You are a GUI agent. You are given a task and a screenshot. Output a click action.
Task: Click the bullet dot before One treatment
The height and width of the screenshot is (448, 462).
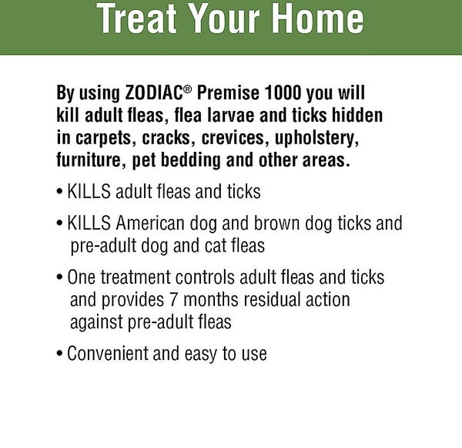pyautogui.click(x=61, y=278)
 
